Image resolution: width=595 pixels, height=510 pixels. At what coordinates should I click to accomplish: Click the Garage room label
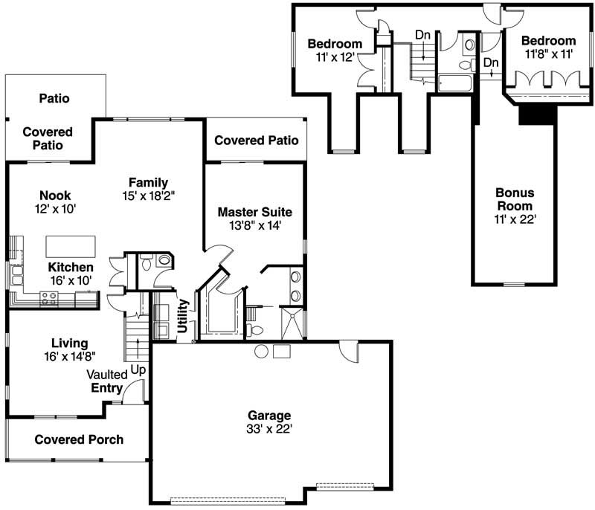269,415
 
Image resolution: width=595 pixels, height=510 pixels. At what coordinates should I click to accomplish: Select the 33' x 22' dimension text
269,428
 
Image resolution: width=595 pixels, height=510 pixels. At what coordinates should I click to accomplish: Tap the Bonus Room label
515,198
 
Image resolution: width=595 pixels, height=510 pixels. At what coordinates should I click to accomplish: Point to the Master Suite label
254,212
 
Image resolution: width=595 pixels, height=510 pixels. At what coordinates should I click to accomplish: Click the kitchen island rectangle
71,246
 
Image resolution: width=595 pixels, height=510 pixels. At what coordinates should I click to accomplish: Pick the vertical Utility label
183,316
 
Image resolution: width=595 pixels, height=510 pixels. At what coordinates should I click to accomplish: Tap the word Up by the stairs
138,368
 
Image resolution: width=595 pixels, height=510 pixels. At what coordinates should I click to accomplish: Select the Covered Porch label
79,439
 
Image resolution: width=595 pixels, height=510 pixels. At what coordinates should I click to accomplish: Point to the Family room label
148,182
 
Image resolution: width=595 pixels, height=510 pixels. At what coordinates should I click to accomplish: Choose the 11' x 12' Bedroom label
335,43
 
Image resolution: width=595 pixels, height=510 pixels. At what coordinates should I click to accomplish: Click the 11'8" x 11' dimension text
548,54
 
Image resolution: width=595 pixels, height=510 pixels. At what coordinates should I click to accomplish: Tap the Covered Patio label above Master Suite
256,140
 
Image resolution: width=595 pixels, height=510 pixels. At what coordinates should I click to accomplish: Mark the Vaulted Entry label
107,381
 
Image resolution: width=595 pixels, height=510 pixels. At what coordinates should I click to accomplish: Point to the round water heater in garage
261,351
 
